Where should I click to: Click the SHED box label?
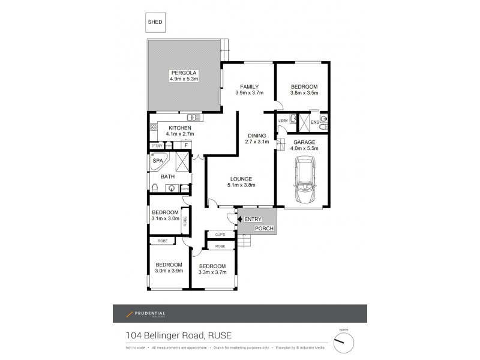[154, 22]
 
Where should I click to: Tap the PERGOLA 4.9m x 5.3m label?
[184, 76]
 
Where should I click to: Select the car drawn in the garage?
[305, 180]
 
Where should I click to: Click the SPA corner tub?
[159, 161]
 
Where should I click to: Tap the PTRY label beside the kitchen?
[157, 146]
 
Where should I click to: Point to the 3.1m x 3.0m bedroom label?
[165, 216]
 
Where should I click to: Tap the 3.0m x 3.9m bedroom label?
[169, 268]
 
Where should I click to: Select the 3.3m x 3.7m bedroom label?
[212, 269]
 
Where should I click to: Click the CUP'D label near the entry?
[220, 234]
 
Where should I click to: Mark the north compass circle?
[343, 342]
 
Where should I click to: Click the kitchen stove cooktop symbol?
[154, 127]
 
